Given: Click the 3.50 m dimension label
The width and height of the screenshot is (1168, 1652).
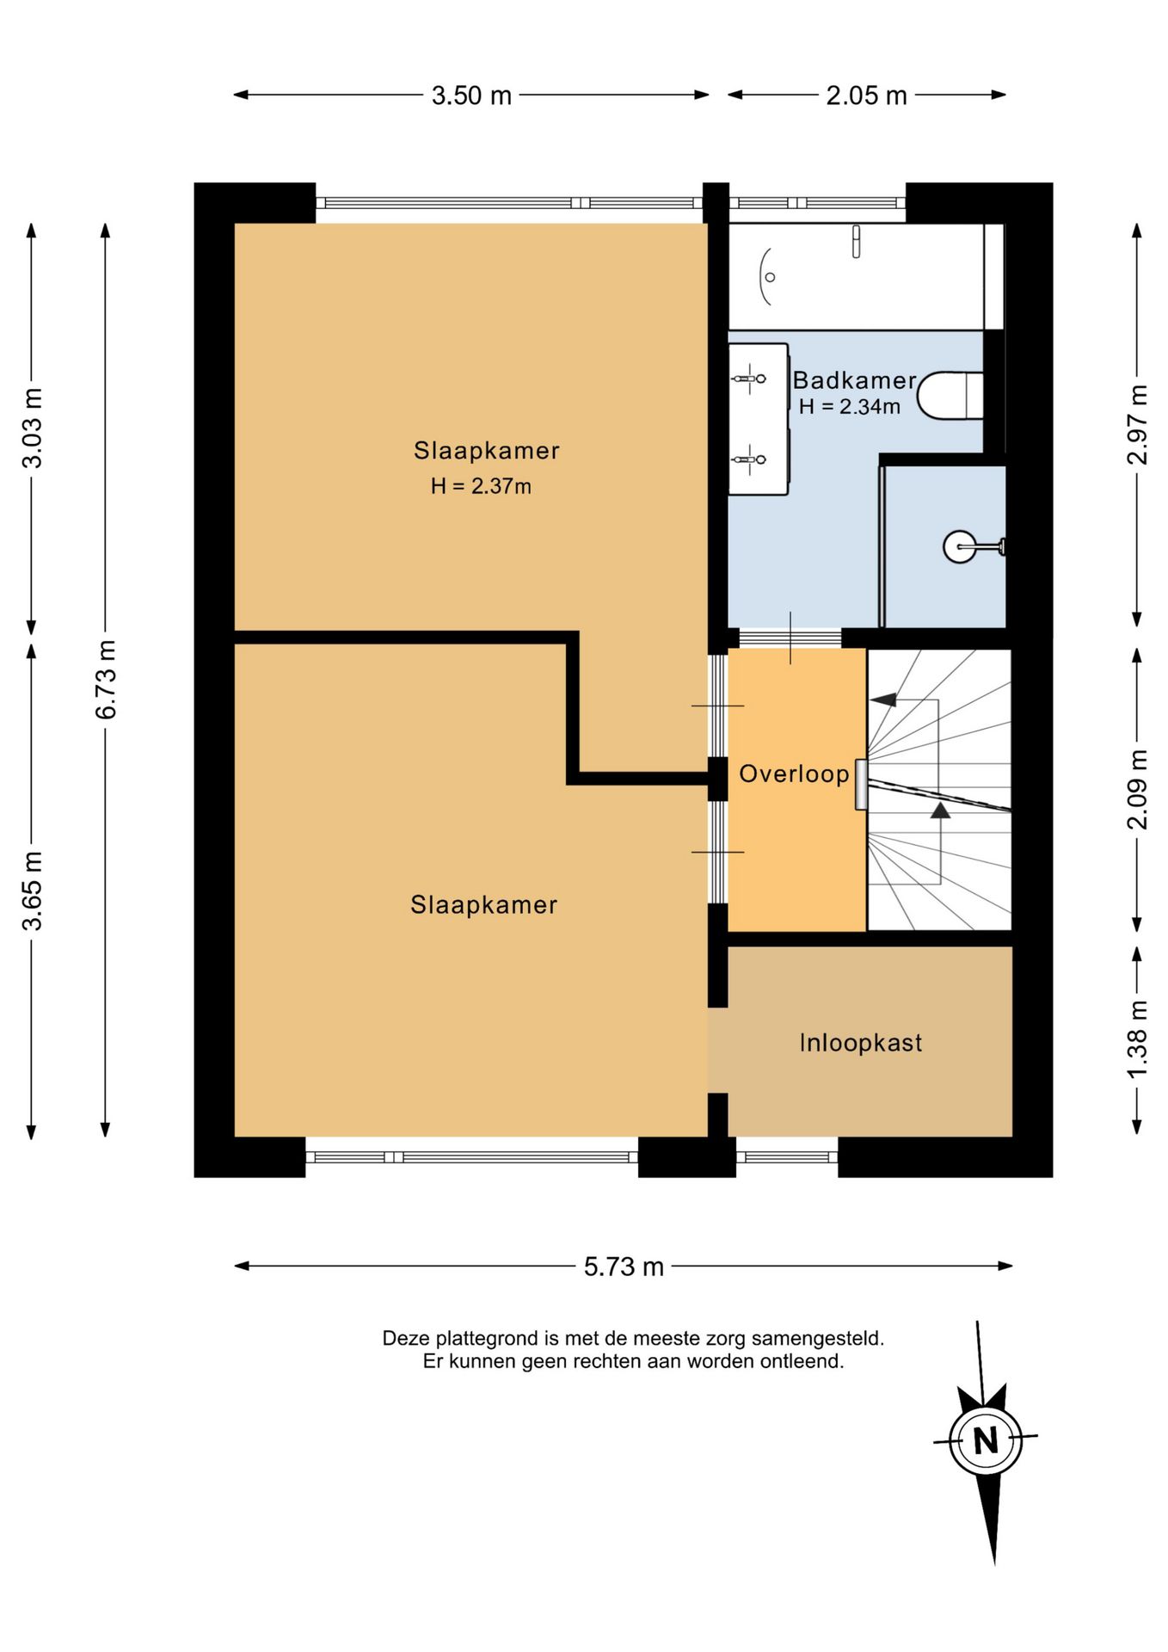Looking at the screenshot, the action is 471,96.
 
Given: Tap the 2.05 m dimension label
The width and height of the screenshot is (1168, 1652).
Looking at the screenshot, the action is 866,96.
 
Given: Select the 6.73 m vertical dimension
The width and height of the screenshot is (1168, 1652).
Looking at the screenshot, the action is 106,680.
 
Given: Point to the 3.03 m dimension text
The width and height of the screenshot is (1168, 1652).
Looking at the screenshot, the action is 32,428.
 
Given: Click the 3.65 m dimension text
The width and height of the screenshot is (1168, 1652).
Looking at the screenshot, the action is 32,891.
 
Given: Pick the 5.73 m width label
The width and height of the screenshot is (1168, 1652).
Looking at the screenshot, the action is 624,1267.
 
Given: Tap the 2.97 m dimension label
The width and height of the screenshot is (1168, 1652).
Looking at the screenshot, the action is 1137,424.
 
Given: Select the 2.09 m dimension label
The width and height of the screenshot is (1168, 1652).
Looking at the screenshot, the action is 1137,789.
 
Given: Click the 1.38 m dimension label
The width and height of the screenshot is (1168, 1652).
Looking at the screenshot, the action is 1137,1039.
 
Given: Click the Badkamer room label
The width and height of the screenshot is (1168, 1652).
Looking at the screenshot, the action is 854,380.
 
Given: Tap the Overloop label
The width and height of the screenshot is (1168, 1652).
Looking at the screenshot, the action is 794,774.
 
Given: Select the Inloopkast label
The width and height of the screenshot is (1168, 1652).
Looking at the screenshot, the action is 860,1043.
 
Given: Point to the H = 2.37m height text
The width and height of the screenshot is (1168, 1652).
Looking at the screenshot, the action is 481,486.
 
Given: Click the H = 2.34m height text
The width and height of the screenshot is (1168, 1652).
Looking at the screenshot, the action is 849,406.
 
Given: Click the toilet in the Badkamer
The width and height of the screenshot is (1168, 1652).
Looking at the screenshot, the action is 950,396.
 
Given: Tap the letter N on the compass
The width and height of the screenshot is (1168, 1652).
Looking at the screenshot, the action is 986,1439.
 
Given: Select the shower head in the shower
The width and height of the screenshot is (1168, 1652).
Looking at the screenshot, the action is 960,546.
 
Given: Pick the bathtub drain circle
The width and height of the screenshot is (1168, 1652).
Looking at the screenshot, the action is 770,277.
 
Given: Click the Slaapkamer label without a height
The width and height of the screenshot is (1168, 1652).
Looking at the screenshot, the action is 483,904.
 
